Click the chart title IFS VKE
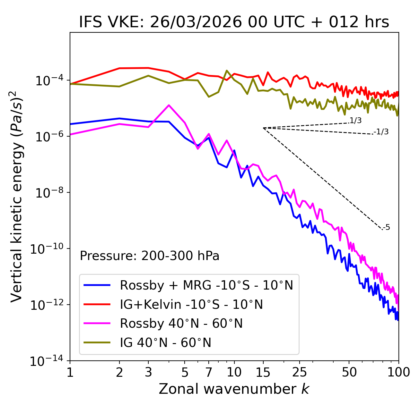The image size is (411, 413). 234,22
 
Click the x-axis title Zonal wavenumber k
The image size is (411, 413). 234,389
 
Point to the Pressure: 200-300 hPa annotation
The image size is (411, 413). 150,256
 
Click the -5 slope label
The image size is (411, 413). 386,227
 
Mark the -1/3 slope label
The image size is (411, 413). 381,131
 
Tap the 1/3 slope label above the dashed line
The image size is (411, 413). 355,121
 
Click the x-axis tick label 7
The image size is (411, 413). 209,372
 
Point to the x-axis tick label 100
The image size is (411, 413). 398,372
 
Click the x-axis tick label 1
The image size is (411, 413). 70,372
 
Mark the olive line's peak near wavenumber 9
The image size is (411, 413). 227,71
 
